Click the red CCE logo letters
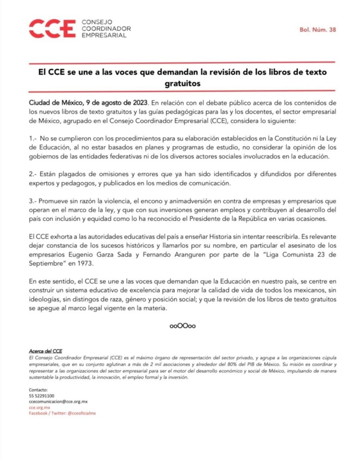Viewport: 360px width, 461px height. tap(51, 28)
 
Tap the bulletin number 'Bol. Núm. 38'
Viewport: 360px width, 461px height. tap(318, 30)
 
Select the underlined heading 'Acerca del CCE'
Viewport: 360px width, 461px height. tap(45, 351)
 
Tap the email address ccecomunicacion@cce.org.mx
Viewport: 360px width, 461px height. tap(58, 401)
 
